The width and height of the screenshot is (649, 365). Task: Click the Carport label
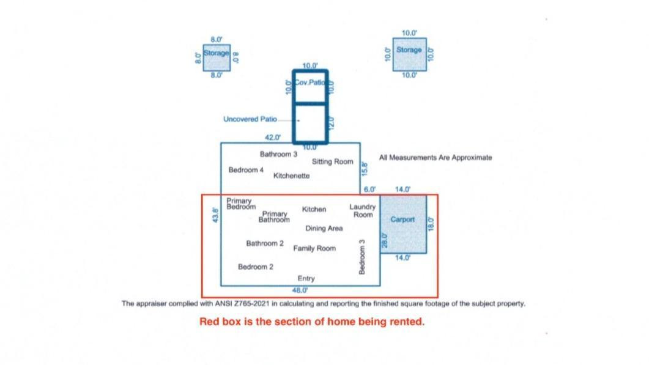[x=402, y=219]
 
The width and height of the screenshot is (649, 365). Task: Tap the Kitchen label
[x=314, y=210]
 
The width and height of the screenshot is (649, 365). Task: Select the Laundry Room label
[x=363, y=211]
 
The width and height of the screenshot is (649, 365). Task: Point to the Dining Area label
[x=324, y=229]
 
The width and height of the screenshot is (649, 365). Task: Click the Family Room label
[x=314, y=248]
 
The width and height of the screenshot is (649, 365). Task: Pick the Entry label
[x=306, y=279]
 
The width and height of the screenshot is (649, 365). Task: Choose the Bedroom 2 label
[x=256, y=267]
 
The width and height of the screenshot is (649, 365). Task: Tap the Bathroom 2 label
[x=265, y=243]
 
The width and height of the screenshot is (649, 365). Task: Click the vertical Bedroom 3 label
[x=362, y=257]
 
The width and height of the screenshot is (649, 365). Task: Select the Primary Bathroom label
[x=274, y=217]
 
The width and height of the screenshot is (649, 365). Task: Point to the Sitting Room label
[x=333, y=162]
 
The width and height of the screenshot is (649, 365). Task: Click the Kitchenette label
[x=291, y=176]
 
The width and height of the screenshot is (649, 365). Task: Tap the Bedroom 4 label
[x=246, y=170]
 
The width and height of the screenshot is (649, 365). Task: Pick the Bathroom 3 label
[x=278, y=155]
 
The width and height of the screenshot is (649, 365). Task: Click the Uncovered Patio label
[x=250, y=119]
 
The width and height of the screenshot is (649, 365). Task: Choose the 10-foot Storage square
[x=409, y=54]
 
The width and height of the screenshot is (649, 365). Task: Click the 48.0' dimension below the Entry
[x=300, y=290]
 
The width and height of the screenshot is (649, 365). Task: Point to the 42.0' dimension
[x=273, y=138]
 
